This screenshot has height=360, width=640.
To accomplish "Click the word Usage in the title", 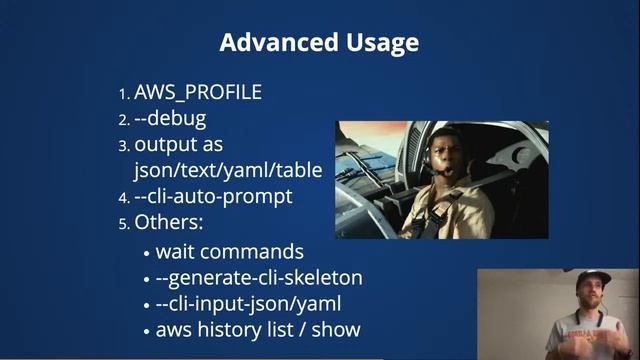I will point(376,43).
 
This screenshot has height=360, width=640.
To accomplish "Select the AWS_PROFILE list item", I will point(198,93).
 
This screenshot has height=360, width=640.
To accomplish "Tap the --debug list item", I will point(170,119).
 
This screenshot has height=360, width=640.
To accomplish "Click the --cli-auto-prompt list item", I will point(213,196).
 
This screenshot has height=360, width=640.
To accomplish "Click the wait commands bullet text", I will point(229,251).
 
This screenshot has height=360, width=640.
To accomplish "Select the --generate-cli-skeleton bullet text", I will point(259,277).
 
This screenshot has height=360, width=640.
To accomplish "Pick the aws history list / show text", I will point(257,329).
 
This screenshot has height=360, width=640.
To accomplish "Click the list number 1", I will point(124,94).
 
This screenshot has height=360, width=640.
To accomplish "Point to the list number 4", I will point(124,197).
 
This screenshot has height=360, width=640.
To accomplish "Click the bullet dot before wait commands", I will point(147,253).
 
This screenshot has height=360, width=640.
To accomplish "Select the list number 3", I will point(124,146).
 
